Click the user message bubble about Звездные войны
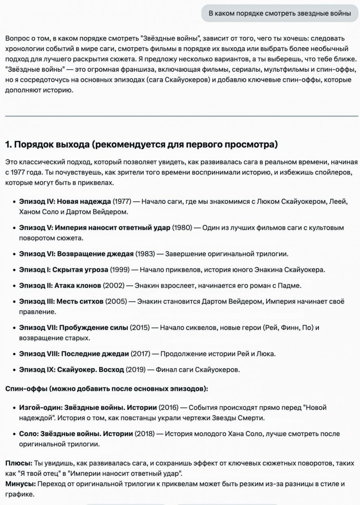coord(280,13)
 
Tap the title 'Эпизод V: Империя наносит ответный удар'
coord(94,227)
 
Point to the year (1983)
coord(145,254)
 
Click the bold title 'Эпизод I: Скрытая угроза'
coord(64,270)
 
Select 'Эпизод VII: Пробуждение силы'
coord(74,328)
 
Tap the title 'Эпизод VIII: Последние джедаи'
coord(74,354)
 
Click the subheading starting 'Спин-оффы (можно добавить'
coord(107,389)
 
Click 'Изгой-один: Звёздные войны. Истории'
coord(88,407)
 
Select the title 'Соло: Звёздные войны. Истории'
coord(76,434)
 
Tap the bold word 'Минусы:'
coord(20,484)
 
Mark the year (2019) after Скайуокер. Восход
coord(136,370)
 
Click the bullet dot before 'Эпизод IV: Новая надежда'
coord(13,201)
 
